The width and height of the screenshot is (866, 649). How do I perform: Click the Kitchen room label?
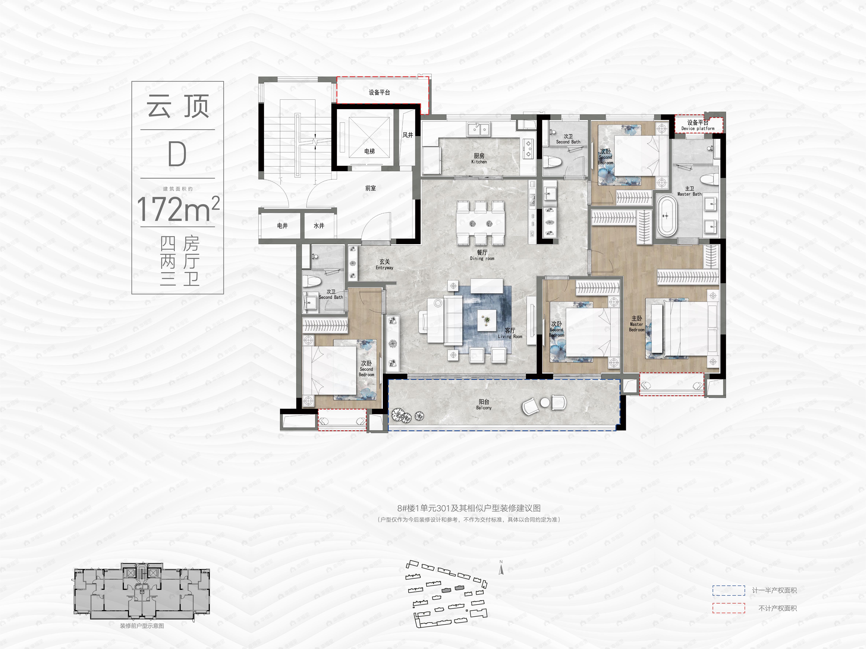pos(479,158)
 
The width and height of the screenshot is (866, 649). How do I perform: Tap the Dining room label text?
pos(482,255)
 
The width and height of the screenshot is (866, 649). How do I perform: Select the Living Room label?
pos(510,333)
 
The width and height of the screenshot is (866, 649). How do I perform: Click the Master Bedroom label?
pos(637,324)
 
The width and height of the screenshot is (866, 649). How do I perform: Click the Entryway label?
pos(384,264)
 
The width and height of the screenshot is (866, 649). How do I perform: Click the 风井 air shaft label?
pos(408,135)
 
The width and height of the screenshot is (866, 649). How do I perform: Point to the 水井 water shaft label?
pos(319,226)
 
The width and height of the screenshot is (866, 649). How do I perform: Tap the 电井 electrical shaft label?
pos(282,226)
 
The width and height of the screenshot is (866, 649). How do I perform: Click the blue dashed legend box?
pos(728,590)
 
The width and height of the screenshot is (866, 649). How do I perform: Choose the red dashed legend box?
pos(728,608)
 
